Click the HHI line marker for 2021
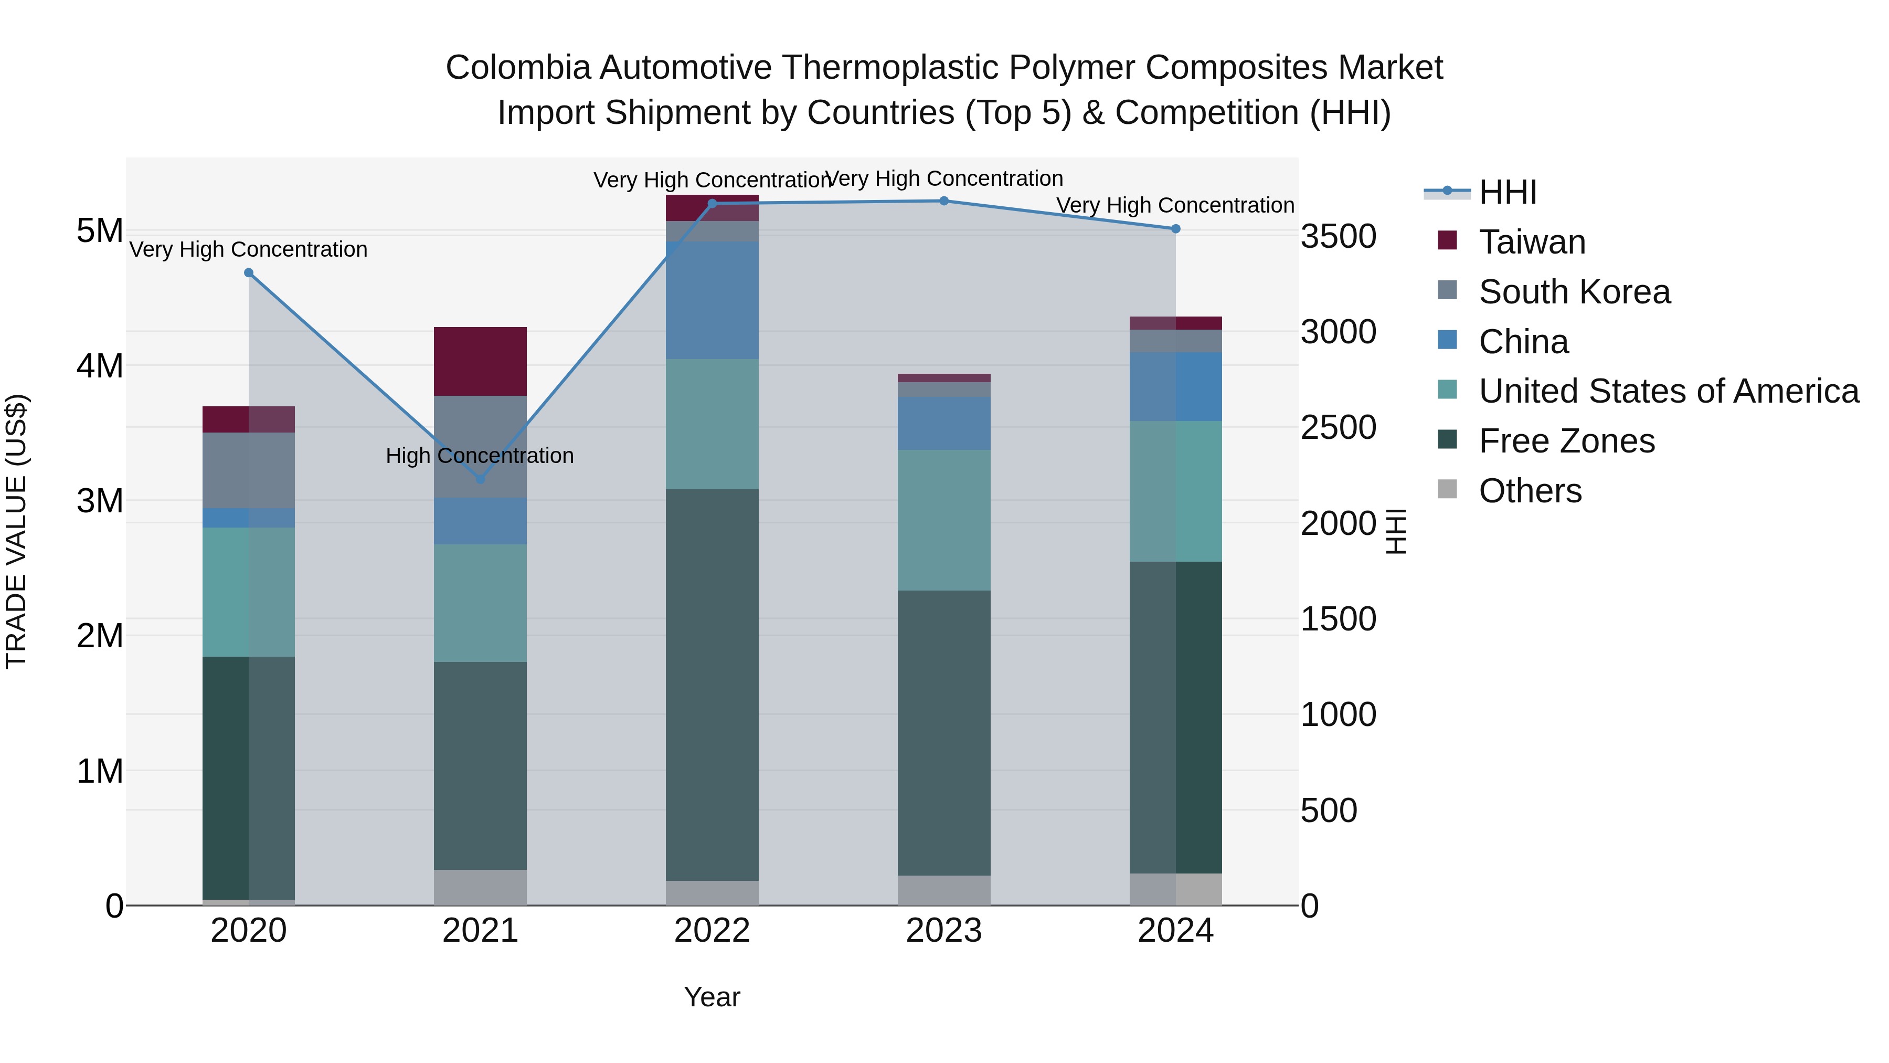[x=480, y=479]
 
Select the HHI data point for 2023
[x=944, y=201]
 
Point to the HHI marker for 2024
[x=1175, y=229]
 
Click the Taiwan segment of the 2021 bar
[x=480, y=361]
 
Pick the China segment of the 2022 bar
[x=712, y=300]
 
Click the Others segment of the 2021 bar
[x=480, y=887]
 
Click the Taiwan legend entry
[x=1532, y=242]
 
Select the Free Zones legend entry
[x=1566, y=441]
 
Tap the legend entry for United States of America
[x=1668, y=391]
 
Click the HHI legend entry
[x=1508, y=192]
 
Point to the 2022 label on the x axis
[x=712, y=931]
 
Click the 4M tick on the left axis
[x=100, y=366]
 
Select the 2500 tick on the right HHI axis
[x=1338, y=428]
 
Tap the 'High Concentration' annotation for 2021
[x=480, y=456]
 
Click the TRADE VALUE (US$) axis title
[x=16, y=531]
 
